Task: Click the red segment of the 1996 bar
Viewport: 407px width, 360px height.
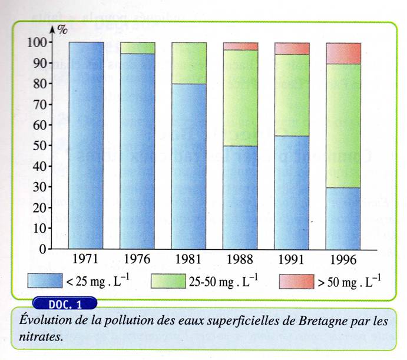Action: coord(343,53)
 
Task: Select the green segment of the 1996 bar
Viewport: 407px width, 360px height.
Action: coord(343,125)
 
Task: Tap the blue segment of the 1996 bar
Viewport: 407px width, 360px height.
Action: coord(343,218)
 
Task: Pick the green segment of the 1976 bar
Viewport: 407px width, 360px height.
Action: coord(138,48)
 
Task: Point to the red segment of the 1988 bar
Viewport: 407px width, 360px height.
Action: coord(240,46)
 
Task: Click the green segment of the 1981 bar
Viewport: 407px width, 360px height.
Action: coord(189,63)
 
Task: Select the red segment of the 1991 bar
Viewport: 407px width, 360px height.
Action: coord(292,48)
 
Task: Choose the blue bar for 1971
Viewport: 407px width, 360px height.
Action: coord(86,145)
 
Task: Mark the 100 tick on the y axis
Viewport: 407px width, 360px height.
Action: coord(36,42)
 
